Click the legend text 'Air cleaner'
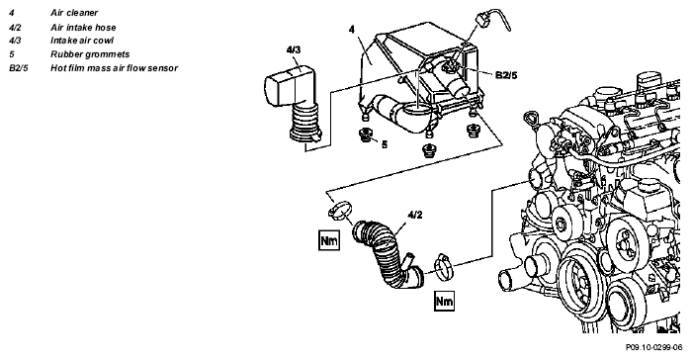coord(74,13)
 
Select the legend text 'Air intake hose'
coord(83,28)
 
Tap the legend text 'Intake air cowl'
coord(82,41)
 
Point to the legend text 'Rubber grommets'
coord(90,54)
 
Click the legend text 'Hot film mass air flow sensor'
coord(114,68)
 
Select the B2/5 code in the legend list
coord(19,68)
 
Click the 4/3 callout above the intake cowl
coord(293,49)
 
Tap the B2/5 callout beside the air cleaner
coord(506,75)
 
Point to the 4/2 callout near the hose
coord(414,216)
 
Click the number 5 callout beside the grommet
coord(384,144)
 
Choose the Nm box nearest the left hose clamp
coord(329,240)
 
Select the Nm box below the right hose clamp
coord(444,302)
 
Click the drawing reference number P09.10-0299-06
coord(653,347)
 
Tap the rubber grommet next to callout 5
coord(365,135)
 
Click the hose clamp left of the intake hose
coord(340,210)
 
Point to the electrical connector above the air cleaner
coord(479,20)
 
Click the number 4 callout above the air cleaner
coord(351,30)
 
